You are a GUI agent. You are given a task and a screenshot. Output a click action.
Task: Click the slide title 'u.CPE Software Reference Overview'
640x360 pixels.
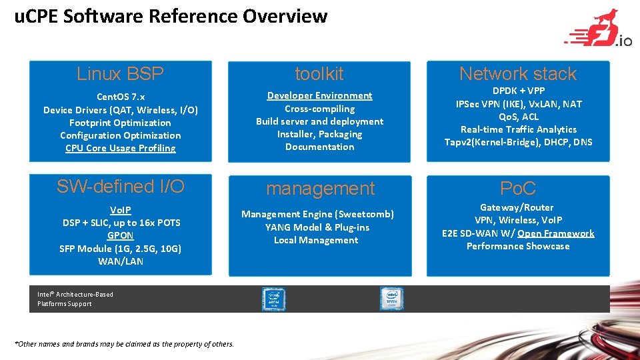[x=171, y=16]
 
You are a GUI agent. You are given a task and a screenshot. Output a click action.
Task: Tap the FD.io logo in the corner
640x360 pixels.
[x=599, y=30]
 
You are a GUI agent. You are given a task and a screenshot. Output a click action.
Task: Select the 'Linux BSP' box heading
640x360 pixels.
[x=120, y=73]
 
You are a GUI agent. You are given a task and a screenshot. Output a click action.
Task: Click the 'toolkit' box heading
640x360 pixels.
[x=319, y=73]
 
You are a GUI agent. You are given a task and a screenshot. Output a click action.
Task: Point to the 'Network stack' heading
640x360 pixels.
[x=518, y=73]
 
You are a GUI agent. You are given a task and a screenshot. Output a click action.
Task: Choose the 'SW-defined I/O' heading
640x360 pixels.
[x=120, y=187]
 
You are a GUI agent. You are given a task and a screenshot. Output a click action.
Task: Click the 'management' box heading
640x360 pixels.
[x=320, y=189]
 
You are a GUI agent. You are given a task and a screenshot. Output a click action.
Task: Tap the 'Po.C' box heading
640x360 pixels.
[x=518, y=189]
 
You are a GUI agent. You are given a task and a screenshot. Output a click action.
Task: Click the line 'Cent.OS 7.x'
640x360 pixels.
[x=120, y=97]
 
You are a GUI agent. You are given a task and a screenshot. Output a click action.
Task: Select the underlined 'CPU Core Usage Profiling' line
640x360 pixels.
[x=120, y=148]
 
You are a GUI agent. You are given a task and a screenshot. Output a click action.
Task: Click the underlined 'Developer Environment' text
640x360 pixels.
[x=319, y=95]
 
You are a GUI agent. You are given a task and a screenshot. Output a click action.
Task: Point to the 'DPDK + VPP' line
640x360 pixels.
[x=518, y=91]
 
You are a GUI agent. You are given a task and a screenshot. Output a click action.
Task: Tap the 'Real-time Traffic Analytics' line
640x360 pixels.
[x=518, y=129]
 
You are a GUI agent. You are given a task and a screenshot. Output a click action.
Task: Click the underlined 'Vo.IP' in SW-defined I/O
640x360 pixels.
[x=120, y=210]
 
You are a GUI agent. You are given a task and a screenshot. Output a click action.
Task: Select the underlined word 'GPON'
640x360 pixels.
[x=120, y=235]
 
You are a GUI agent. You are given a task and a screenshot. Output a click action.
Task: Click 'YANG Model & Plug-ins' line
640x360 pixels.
[x=317, y=227]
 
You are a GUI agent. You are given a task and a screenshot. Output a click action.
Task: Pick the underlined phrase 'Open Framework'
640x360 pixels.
[x=555, y=233]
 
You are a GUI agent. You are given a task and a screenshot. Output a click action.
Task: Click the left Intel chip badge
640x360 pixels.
[x=273, y=299]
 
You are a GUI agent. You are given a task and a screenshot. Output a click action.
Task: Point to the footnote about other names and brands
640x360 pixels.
[x=124, y=344]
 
